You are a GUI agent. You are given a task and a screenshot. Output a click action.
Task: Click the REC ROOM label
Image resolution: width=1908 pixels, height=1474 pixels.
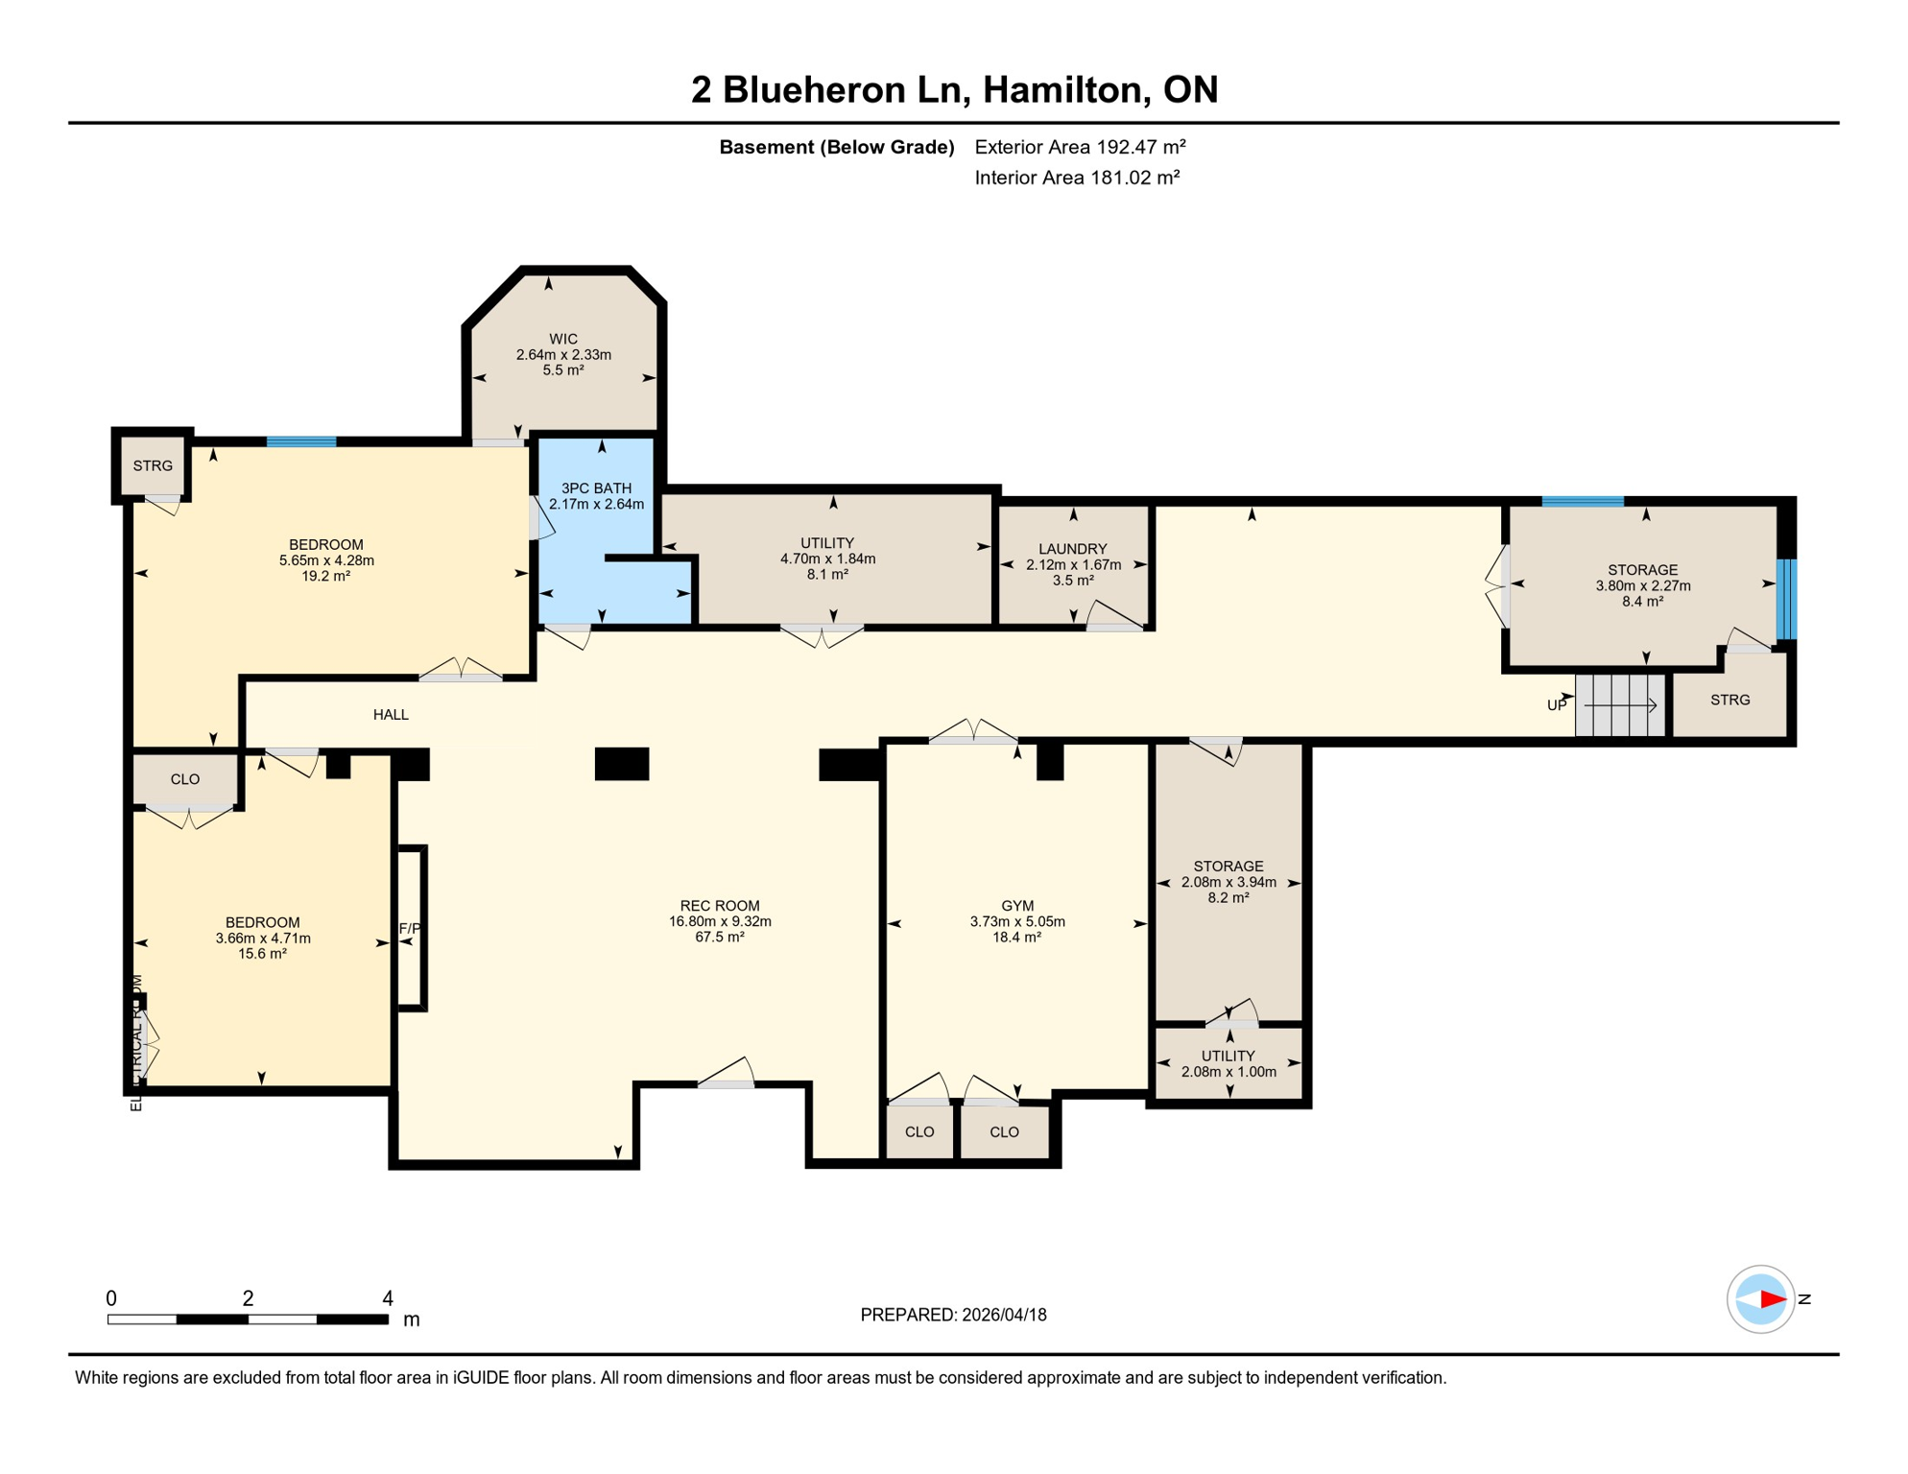pos(720,905)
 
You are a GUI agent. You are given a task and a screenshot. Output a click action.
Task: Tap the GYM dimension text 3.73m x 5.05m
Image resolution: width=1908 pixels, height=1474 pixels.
pos(1017,921)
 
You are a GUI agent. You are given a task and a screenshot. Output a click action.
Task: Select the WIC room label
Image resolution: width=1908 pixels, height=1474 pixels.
pos(563,339)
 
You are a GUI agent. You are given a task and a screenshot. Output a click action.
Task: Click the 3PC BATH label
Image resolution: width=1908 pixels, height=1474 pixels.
pos(596,487)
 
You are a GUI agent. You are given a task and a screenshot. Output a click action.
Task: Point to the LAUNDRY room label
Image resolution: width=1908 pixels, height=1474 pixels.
pos(1073,549)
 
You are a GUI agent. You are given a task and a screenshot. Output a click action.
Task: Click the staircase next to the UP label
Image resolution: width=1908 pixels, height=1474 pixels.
pos(1620,705)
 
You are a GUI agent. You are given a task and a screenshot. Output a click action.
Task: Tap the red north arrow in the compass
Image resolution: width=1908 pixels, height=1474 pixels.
pos(1772,1299)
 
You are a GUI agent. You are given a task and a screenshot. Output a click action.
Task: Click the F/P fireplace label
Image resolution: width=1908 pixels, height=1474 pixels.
pos(410,928)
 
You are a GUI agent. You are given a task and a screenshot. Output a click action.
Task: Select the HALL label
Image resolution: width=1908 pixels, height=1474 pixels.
pos(391,714)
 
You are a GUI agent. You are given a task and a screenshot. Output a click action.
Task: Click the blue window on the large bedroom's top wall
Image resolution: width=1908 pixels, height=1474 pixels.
pos(301,441)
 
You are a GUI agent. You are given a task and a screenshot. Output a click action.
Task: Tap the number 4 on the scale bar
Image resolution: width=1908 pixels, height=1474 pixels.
pos(388,1298)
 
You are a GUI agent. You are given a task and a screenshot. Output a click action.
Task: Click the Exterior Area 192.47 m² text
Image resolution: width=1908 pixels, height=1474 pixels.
pos(1080,147)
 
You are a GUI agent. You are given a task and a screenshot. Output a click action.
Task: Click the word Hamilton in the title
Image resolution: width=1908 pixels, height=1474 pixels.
pos(1065,89)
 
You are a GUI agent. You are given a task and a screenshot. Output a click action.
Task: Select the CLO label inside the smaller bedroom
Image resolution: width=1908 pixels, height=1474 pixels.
pos(185,779)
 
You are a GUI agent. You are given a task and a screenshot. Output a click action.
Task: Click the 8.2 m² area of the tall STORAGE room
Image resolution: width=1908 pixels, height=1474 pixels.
pos(1228,898)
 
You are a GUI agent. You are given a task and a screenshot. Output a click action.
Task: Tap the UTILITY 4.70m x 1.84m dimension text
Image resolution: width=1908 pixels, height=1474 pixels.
pos(827,559)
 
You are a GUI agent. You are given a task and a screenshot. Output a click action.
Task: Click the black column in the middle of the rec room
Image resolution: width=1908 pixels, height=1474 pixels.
pos(622,764)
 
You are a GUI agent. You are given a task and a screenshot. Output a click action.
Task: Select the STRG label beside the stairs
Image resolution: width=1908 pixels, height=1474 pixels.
pos(1730,700)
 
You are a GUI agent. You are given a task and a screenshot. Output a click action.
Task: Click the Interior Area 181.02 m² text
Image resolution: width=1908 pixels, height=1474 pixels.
pos(1077,178)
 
